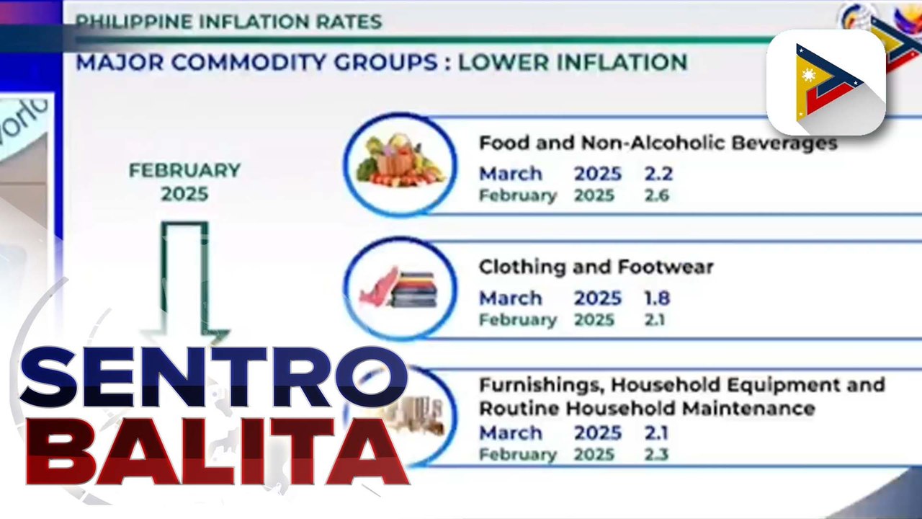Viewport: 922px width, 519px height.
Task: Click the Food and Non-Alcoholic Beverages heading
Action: (658, 143)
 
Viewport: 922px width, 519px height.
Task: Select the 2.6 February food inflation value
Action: (656, 195)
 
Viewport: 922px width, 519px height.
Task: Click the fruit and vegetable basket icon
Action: (400, 163)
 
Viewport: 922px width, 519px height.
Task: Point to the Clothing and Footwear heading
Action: (596, 267)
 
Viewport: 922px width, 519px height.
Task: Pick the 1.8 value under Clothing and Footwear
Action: (656, 298)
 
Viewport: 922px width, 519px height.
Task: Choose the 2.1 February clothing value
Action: (655, 319)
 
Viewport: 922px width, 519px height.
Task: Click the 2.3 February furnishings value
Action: (656, 455)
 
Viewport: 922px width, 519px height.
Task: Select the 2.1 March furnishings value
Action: (656, 433)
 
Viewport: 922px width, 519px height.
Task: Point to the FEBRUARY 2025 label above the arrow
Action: (184, 182)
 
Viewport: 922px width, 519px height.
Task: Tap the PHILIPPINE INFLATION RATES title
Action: (228, 22)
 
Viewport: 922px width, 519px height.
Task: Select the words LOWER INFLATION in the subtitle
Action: (572, 62)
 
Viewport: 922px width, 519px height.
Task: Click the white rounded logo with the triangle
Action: (825, 83)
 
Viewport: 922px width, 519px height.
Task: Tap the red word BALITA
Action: (216, 451)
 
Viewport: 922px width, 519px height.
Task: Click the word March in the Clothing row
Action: (511, 298)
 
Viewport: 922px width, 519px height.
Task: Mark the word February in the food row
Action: (518, 195)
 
